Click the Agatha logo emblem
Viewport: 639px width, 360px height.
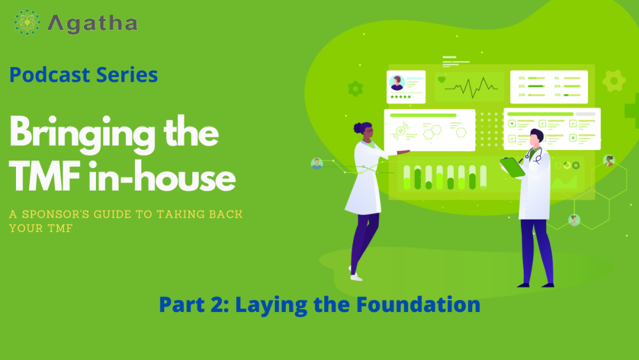(27, 22)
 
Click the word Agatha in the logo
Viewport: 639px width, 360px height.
(92, 23)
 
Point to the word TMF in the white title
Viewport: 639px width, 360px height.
(45, 177)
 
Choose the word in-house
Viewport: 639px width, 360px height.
(162, 177)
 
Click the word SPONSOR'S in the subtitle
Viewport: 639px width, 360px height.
(56, 214)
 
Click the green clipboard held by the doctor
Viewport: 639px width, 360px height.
(512, 167)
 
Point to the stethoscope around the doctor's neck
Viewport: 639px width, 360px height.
(534, 155)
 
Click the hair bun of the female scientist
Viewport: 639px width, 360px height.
(358, 128)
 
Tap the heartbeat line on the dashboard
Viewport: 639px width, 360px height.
(471, 87)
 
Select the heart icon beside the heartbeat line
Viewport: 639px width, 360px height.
(441, 79)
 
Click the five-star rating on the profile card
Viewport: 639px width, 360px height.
(401, 97)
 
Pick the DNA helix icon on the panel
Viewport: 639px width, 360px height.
(400, 130)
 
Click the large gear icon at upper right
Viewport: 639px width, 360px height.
(614, 81)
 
